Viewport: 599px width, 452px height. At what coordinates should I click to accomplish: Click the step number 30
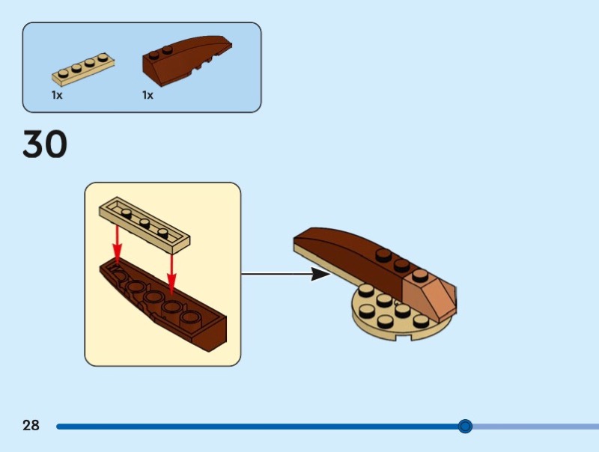(45, 144)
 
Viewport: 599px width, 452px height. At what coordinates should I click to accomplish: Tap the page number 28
(31, 426)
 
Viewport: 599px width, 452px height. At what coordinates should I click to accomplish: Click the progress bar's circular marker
(465, 427)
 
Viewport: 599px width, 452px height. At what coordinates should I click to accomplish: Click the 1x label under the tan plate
(57, 95)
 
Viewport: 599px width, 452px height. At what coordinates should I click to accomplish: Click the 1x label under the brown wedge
(148, 95)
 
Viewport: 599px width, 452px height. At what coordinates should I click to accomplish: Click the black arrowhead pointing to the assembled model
(320, 274)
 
